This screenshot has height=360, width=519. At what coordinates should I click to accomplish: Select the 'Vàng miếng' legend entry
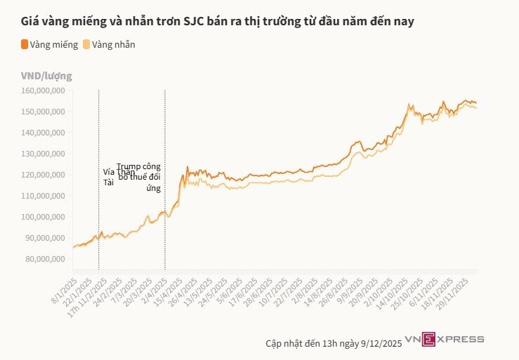point(49,44)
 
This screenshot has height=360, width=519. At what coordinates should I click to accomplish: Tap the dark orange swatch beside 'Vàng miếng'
point(25,44)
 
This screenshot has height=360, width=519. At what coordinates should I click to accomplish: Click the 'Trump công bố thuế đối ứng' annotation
point(140,177)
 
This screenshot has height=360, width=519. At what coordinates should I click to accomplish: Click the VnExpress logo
point(453,340)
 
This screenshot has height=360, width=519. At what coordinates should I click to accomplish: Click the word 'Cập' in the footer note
point(274,343)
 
